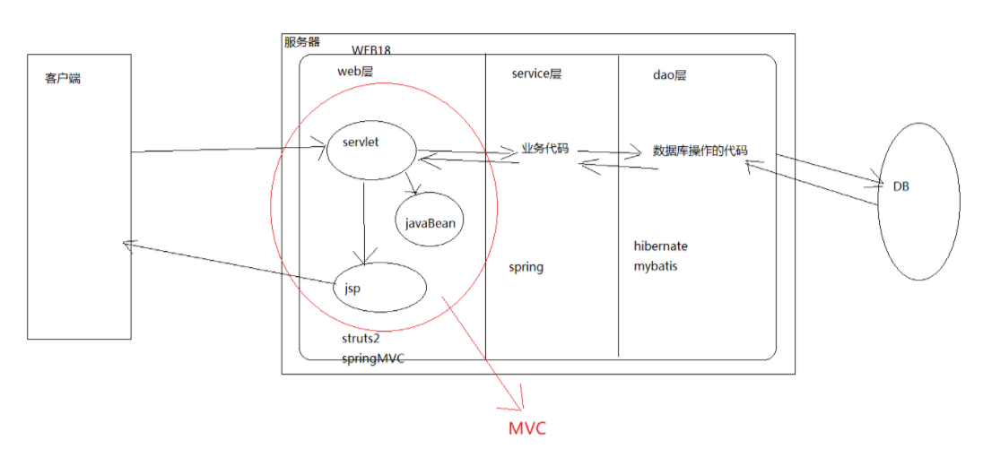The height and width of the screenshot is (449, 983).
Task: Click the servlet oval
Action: tap(370, 150)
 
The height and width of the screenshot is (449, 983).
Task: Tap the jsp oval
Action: tap(378, 288)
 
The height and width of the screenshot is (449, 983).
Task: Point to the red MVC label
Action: tap(526, 428)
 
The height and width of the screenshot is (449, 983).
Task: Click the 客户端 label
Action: tap(63, 79)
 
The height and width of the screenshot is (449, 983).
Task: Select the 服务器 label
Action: tap(301, 42)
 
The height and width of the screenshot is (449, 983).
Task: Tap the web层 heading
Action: tap(354, 72)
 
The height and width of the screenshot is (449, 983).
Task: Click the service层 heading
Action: tap(536, 74)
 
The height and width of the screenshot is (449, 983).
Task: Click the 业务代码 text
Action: tap(545, 149)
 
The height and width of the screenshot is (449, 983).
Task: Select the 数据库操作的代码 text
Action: tap(700, 150)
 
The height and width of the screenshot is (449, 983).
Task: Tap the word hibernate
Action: tap(661, 246)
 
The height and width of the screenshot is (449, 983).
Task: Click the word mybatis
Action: tap(657, 265)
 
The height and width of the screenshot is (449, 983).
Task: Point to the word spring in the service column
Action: tap(526, 267)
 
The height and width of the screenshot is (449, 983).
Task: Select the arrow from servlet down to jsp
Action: tap(363, 220)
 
